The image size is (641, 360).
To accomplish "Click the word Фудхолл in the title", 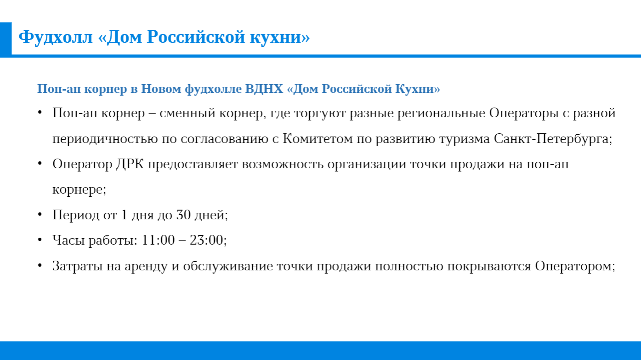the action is click(56, 37).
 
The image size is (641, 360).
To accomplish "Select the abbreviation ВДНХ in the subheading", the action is click(264, 89).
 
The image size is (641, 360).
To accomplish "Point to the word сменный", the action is click(187, 113).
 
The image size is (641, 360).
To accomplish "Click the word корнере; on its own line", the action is click(79, 190).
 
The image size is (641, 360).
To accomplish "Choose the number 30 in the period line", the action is click(183, 215).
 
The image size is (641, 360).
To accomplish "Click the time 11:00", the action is click(158, 240).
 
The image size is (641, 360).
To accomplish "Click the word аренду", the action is click(146, 266).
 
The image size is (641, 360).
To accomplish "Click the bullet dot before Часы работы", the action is click(40, 239).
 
